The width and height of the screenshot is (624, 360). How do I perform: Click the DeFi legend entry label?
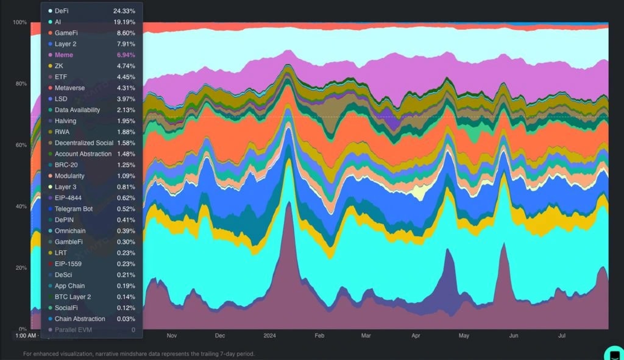click(x=62, y=11)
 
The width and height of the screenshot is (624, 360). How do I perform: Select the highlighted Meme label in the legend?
click(x=64, y=55)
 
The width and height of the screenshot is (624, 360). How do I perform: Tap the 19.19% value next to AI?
click(x=124, y=22)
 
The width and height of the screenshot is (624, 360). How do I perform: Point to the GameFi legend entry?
click(x=66, y=33)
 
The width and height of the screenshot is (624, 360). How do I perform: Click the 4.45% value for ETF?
click(x=124, y=77)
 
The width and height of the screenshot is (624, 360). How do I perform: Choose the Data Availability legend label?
click(x=77, y=110)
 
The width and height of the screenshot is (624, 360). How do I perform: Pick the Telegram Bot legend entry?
click(x=73, y=209)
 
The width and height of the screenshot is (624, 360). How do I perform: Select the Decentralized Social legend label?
click(x=83, y=143)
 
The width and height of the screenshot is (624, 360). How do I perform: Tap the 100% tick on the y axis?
click(x=19, y=23)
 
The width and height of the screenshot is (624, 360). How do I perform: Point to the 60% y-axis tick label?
click(x=21, y=145)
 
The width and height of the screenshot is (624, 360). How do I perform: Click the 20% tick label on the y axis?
click(x=21, y=268)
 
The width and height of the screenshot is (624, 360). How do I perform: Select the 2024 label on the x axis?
click(x=271, y=336)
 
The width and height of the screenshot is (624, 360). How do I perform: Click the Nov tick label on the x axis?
click(x=172, y=336)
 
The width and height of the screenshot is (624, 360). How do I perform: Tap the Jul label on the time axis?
click(x=562, y=336)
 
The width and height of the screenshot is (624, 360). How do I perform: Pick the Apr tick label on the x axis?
click(x=416, y=336)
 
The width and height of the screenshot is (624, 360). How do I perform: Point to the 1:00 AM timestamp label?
click(x=26, y=336)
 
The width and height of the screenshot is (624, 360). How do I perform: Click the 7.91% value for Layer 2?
click(x=124, y=44)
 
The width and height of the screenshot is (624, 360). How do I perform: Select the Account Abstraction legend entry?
click(x=83, y=154)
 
